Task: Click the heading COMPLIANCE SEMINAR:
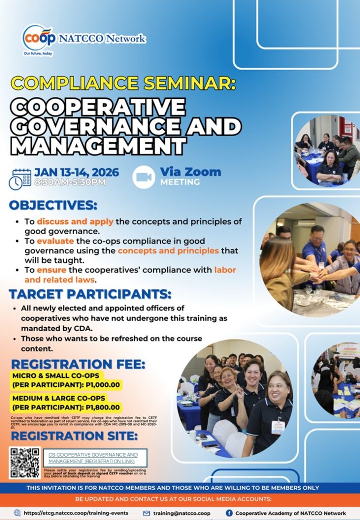pyautogui.click(x=123, y=83)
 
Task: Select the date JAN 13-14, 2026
pyautogui.click(x=77, y=172)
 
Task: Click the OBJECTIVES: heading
pyautogui.click(x=53, y=205)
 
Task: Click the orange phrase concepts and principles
pyautogui.click(x=168, y=250)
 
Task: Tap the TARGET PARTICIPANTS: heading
pyautogui.click(x=90, y=294)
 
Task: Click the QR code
pyautogui.click(x=24, y=463)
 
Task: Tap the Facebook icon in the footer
pyautogui.click(x=229, y=513)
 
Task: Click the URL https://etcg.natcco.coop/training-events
pyautogui.click(x=76, y=513)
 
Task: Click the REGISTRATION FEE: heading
pyautogui.click(x=78, y=364)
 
